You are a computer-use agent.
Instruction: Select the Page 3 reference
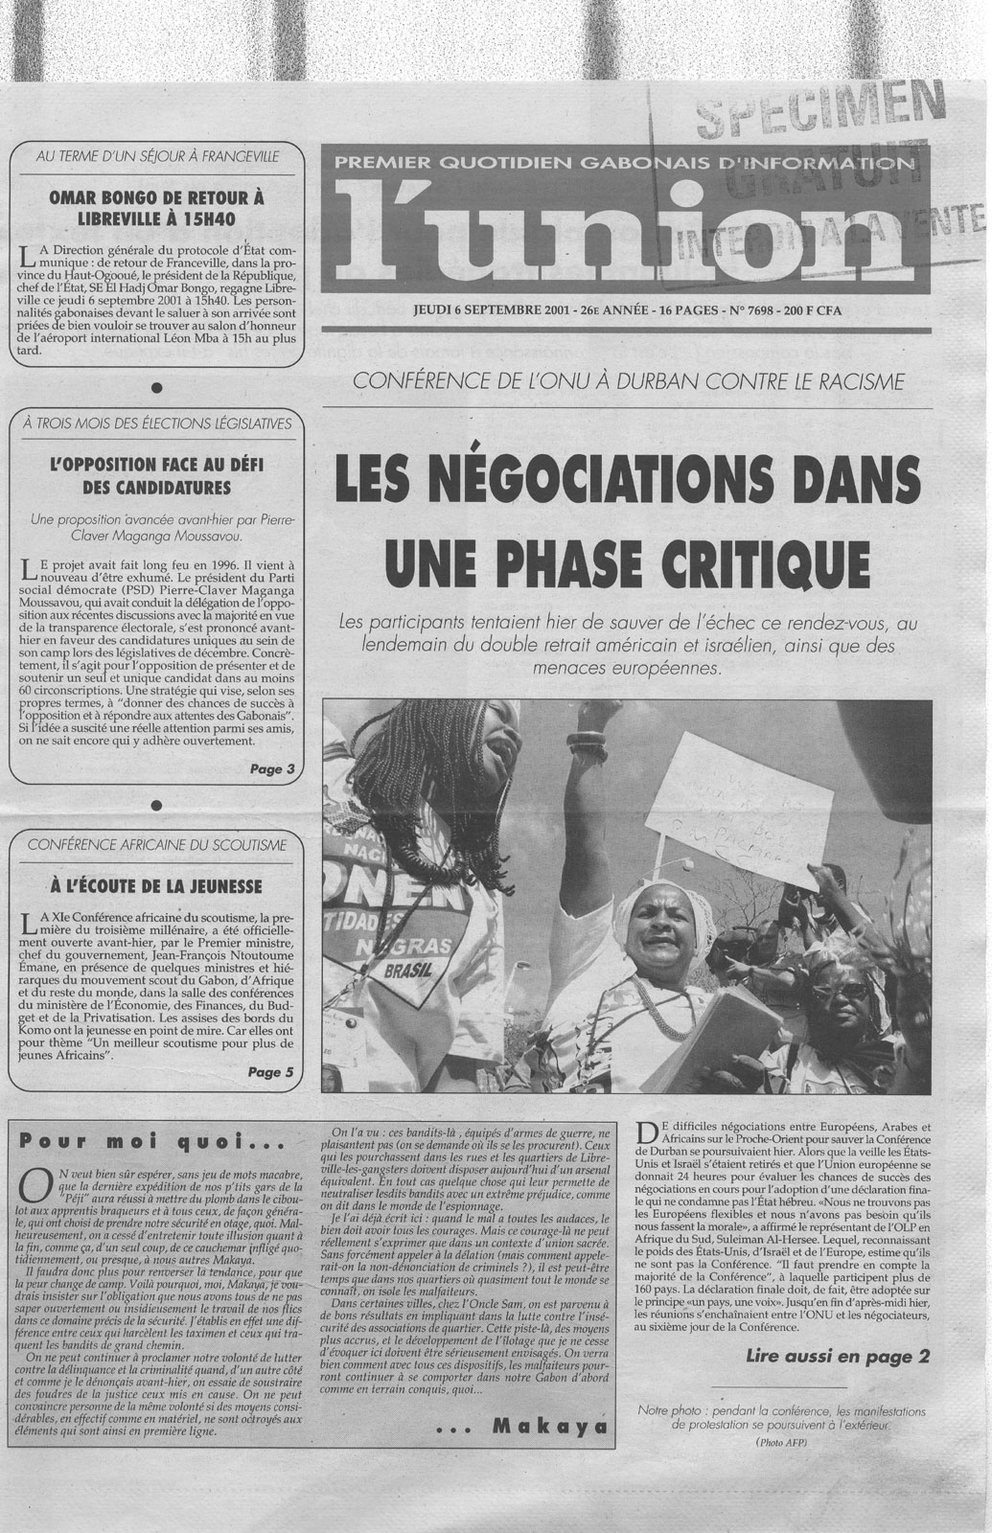pos(271,767)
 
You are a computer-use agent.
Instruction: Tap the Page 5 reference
pos(271,1072)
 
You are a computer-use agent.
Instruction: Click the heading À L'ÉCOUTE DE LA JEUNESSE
pos(156,884)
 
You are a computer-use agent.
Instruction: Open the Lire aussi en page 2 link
pos(837,1356)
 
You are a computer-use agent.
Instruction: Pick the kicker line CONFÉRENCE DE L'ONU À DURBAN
pos(628,381)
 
